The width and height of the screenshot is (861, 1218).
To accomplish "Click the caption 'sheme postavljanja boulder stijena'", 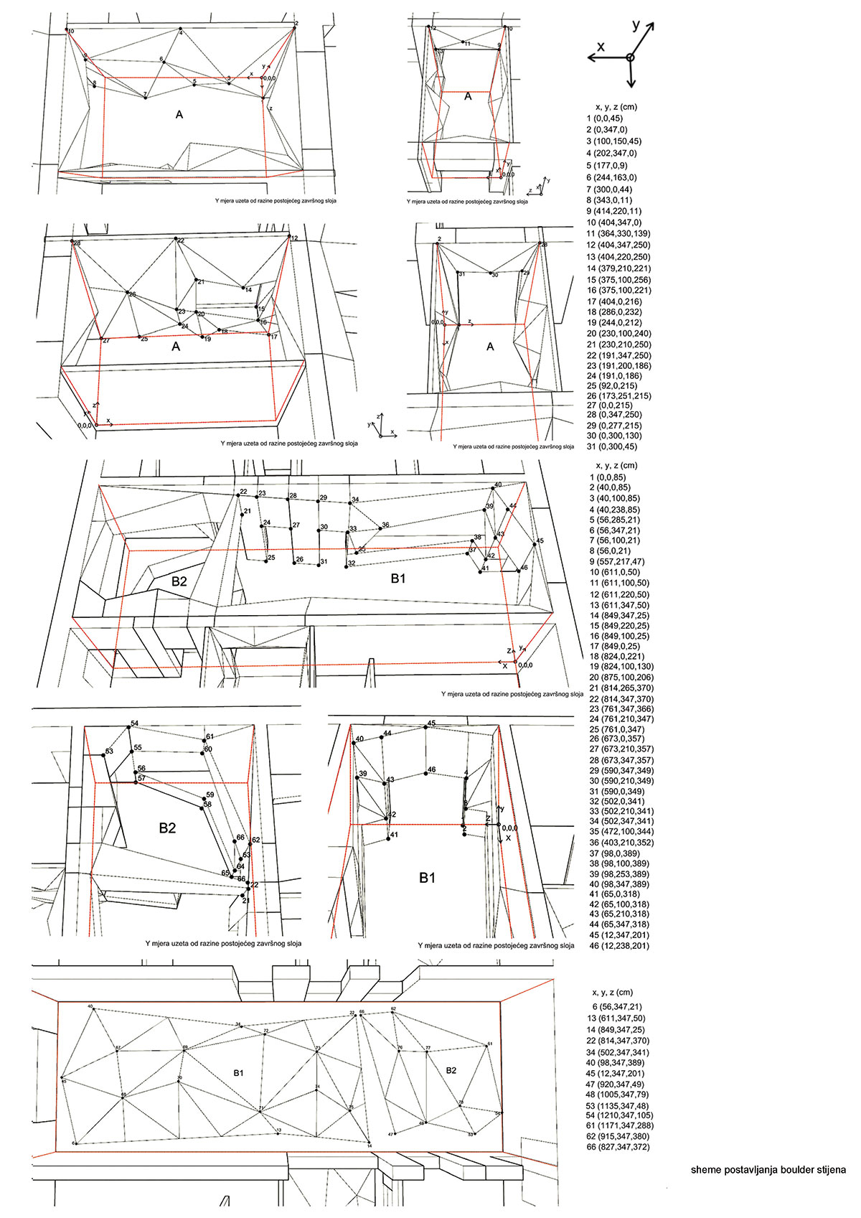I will pos(768,1170).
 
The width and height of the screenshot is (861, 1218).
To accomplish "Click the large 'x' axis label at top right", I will pos(601,46).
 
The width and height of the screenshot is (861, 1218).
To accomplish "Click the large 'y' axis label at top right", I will pos(636,25).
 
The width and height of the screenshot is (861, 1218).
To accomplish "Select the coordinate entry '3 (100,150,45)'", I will pos(613,141).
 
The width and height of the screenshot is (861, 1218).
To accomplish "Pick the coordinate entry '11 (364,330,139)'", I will pos(618,234).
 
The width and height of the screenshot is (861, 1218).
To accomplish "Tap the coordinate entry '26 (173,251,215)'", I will pos(618,395).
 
